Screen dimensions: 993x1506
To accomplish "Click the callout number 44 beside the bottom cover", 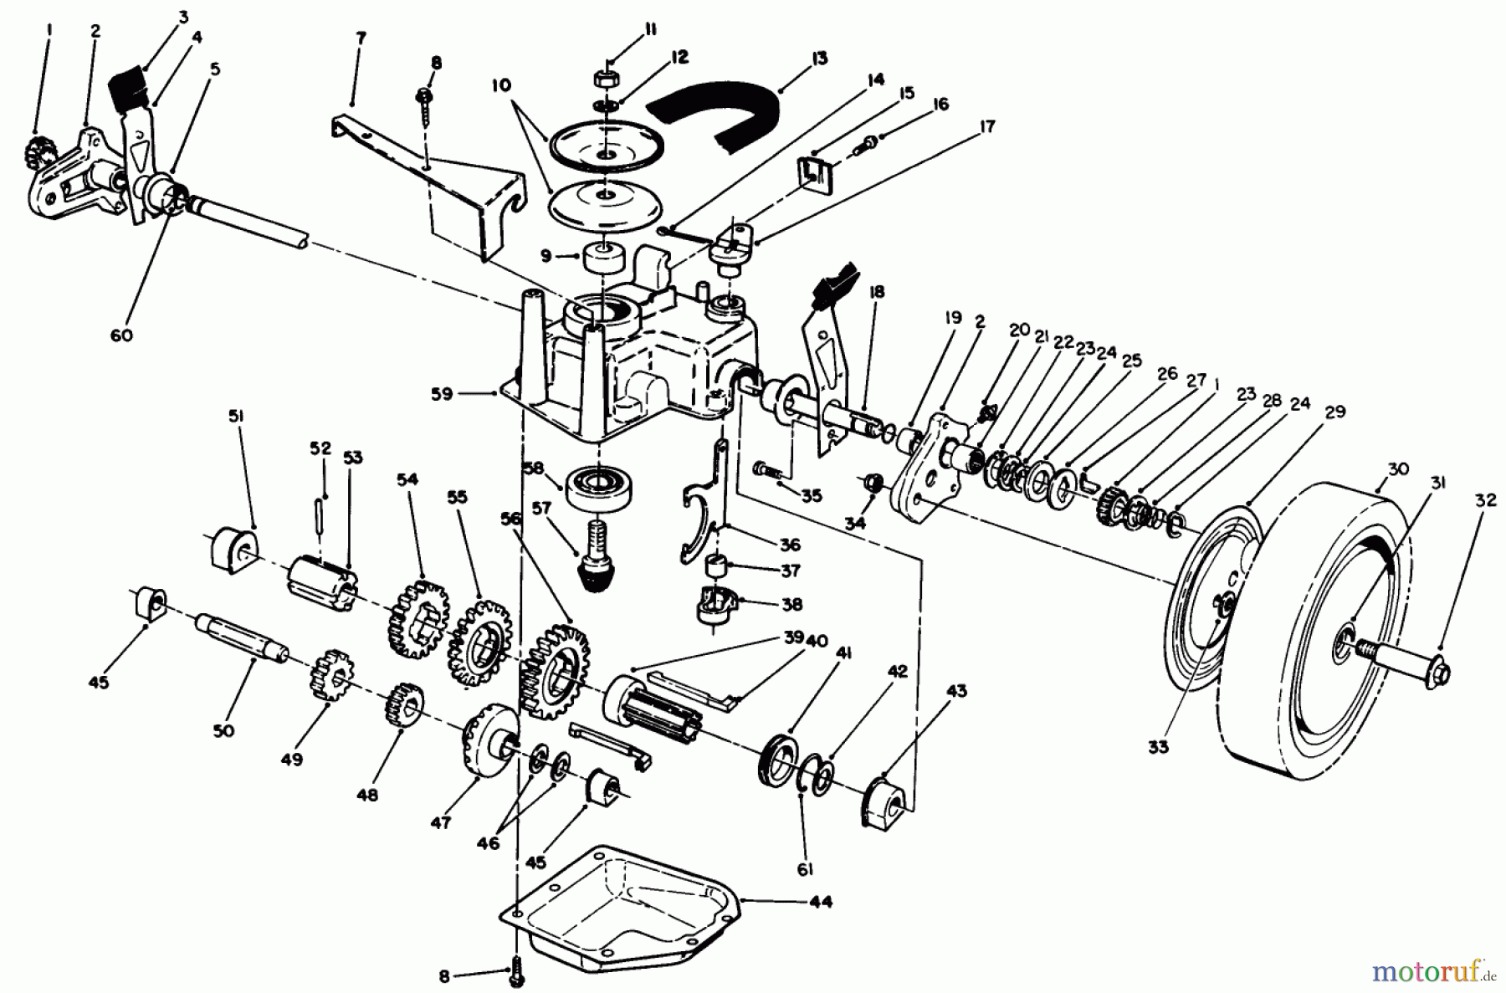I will [x=821, y=902].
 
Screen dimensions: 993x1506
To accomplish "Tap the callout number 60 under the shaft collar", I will [x=121, y=335].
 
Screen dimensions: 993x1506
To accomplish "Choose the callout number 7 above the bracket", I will [x=360, y=40].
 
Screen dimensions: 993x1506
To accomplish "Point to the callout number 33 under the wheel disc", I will [x=1158, y=747].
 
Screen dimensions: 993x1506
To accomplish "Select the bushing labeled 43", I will [x=885, y=805].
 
